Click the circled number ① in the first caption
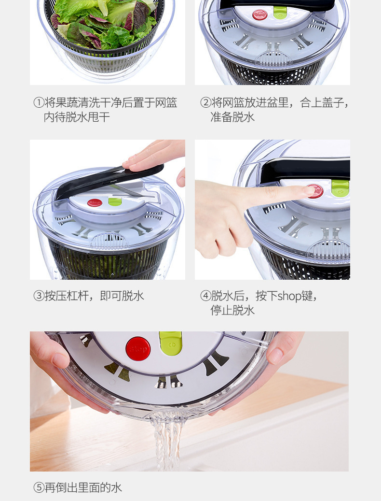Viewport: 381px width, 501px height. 39,103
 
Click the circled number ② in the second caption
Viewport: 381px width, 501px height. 205,103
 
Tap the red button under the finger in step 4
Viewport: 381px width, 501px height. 316,191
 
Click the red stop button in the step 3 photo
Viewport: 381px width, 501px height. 95,202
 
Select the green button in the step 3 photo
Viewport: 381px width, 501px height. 115,201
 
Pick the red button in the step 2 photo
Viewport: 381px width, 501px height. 260,14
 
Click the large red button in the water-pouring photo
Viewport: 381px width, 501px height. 138,348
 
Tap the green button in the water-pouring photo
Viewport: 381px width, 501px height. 171,343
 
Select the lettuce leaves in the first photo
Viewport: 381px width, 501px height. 104,22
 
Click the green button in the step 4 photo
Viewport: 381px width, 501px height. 340,187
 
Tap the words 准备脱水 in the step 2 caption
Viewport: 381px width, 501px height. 232,117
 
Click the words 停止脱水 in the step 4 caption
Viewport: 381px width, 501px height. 232,311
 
